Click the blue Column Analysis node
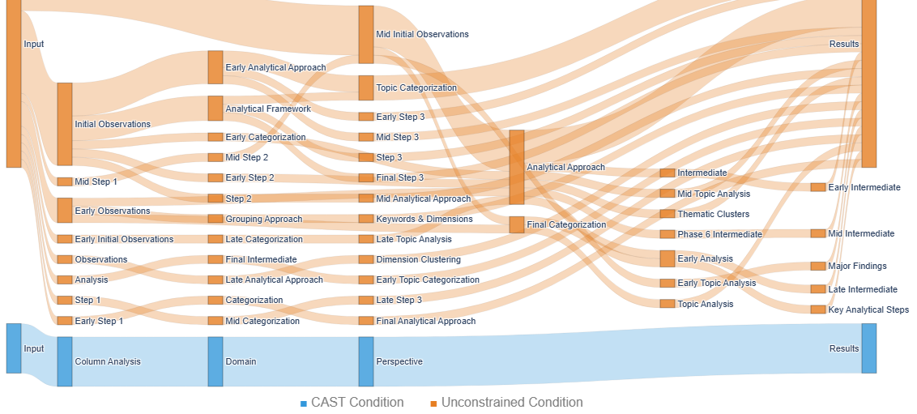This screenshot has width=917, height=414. [x=65, y=361]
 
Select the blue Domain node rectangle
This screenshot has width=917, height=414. [x=215, y=361]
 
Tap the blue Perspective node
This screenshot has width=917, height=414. [x=366, y=361]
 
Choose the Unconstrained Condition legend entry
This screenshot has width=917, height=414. [x=506, y=403]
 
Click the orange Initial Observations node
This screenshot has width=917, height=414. [x=65, y=124]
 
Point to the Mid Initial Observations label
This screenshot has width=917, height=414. [x=422, y=35]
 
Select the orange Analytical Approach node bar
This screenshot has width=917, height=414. [x=517, y=167]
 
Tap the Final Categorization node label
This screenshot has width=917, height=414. [x=566, y=224]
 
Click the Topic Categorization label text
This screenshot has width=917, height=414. [x=416, y=87]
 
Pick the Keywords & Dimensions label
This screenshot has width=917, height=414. [x=424, y=219]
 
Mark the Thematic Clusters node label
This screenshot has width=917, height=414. [x=714, y=214]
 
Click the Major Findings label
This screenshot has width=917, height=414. [x=857, y=266]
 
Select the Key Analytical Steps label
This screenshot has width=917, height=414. [x=868, y=309]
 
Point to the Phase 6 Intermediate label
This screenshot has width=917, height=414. [x=719, y=234]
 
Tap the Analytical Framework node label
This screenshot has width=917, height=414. [x=268, y=109]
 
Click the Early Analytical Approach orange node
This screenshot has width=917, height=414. [x=215, y=67]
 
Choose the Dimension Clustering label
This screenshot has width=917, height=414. [x=418, y=259]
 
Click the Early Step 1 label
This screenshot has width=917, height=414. [x=99, y=321]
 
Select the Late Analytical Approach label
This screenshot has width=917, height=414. [x=274, y=280]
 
